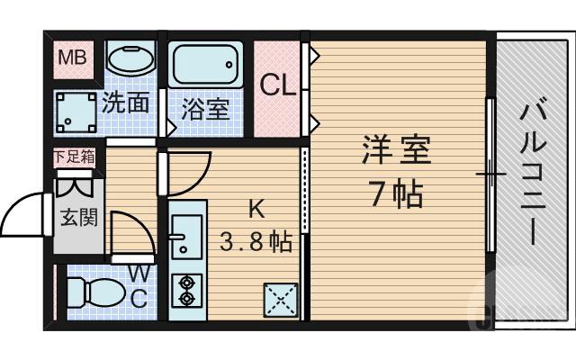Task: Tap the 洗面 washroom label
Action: (x=126, y=102)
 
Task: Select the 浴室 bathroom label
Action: (x=205, y=110)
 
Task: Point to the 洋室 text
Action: (x=397, y=150)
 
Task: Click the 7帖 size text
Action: (x=397, y=193)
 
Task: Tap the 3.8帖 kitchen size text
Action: (x=256, y=241)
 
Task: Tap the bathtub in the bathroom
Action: (x=205, y=66)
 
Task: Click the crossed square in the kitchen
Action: (x=281, y=299)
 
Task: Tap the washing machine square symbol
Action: (x=77, y=113)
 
